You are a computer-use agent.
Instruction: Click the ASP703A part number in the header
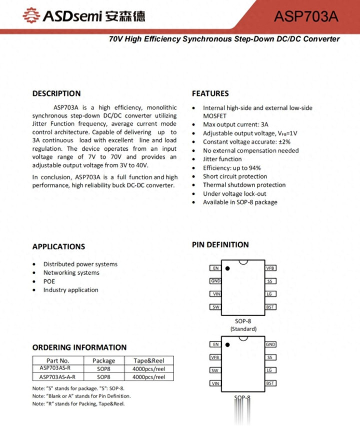(306, 16)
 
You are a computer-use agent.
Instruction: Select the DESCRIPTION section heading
(56, 93)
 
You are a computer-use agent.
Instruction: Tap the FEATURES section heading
(210, 93)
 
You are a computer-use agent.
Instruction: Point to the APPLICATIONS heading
(58, 246)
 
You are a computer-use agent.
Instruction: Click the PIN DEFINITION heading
(220, 245)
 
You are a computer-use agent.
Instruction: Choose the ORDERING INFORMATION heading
(79, 347)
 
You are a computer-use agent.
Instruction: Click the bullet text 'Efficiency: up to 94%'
(231, 168)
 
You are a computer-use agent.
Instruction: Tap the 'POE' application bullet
(49, 281)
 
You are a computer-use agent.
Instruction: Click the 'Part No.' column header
(57, 361)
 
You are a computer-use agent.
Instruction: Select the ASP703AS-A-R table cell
(57, 377)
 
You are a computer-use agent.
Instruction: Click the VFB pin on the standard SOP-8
(270, 268)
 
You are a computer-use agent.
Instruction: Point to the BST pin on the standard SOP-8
(270, 307)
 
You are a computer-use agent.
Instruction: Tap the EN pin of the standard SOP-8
(215, 268)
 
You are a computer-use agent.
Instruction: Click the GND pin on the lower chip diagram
(270, 345)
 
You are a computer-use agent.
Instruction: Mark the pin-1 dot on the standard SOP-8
(227, 268)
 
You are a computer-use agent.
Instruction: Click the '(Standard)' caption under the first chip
(243, 329)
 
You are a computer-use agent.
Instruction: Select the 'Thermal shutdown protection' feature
(244, 185)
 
